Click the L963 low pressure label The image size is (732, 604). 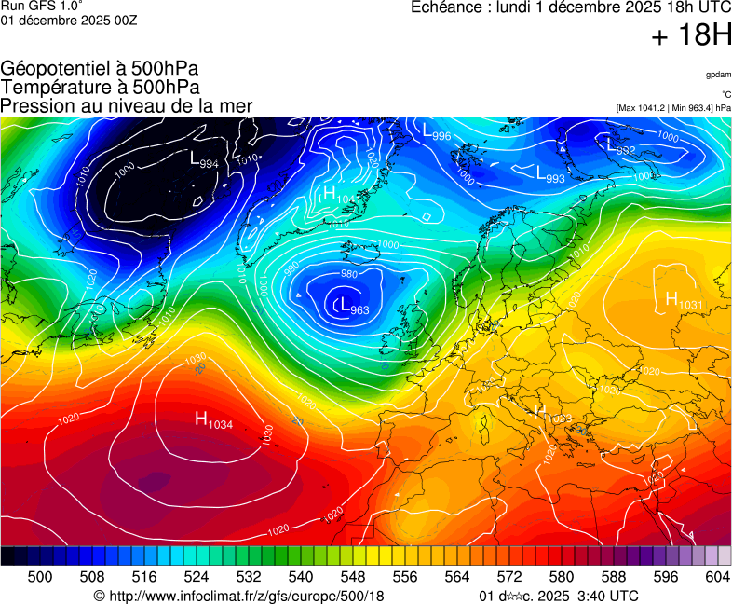click(355, 306)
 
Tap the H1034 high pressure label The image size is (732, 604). click(214, 420)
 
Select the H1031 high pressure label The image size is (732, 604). click(684, 300)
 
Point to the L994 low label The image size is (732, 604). click(204, 160)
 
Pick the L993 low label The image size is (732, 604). click(550, 173)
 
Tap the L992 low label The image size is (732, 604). click(621, 146)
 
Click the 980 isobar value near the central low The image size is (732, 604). click(349, 274)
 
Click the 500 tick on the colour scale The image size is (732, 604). click(40, 577)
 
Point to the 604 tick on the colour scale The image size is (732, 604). click(716, 577)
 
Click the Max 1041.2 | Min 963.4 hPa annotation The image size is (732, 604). click(673, 108)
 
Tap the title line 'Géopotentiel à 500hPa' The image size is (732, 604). click(100, 69)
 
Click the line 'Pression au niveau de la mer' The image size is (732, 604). click(127, 106)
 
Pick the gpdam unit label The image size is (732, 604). click(717, 74)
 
